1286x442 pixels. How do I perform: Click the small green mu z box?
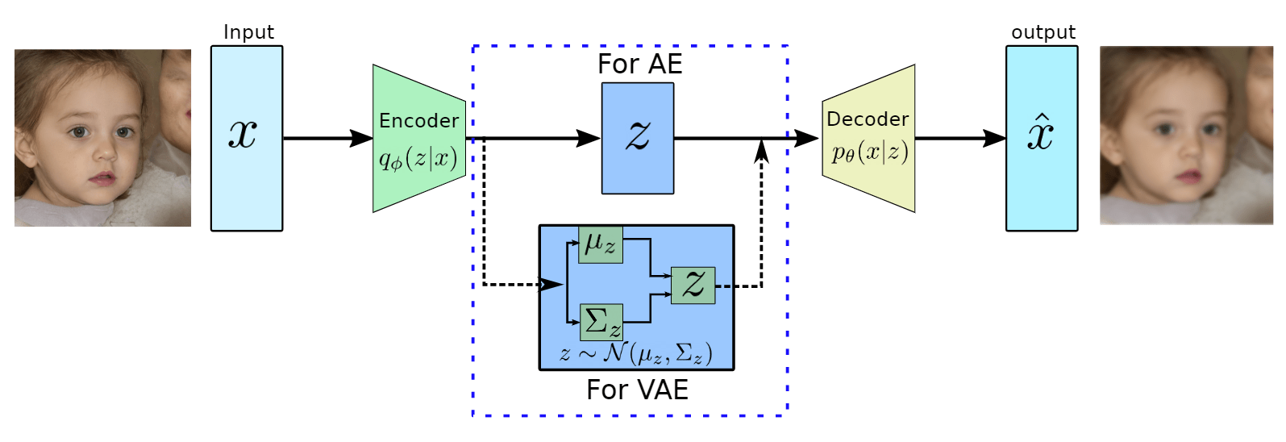(601, 244)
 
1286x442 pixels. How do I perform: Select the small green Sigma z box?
(601, 322)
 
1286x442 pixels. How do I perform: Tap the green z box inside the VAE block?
(693, 285)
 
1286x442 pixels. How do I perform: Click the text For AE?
(639, 65)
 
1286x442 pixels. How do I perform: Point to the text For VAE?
(637, 390)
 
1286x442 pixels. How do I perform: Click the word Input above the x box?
(248, 32)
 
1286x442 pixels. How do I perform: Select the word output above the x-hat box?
(1043, 32)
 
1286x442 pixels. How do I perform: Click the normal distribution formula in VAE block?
(636, 352)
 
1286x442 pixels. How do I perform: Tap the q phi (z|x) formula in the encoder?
(418, 158)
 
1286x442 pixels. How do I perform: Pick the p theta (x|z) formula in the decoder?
(870, 152)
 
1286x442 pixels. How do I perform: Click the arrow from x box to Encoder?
(327, 138)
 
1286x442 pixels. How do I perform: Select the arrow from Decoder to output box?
(959, 138)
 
